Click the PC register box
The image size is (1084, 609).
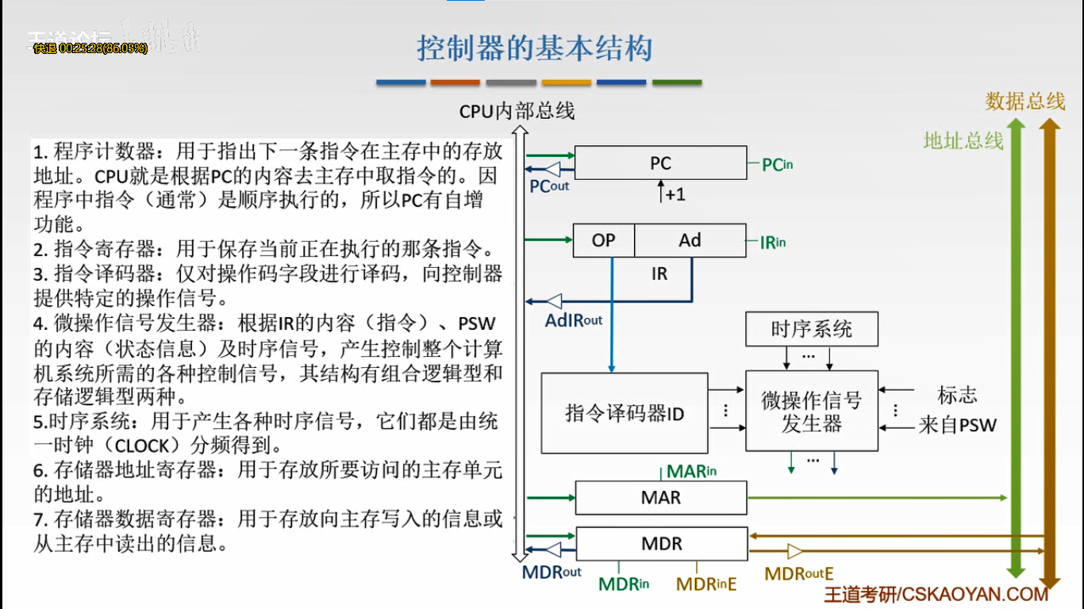[x=660, y=163]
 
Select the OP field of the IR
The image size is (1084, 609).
[x=604, y=240]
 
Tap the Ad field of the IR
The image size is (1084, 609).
[x=690, y=240]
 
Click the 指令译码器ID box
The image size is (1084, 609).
[x=624, y=413]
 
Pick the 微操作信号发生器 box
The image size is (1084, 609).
[x=811, y=412]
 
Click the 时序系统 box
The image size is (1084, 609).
[x=811, y=329]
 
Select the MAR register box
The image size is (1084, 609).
[x=660, y=498]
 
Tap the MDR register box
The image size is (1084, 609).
[x=661, y=544]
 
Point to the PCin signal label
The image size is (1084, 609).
[x=777, y=164]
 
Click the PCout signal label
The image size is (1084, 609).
[x=549, y=186]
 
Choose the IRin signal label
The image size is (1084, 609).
[x=772, y=243]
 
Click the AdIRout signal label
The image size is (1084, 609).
[x=573, y=320]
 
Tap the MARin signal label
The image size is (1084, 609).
[x=691, y=472]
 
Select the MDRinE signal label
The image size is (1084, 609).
[x=706, y=584]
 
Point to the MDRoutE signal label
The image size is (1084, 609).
[x=798, y=573]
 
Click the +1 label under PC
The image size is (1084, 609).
[x=675, y=194]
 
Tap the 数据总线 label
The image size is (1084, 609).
[x=1024, y=101]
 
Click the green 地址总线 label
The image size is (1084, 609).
[x=963, y=141]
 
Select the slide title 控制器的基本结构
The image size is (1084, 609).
[x=535, y=49]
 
